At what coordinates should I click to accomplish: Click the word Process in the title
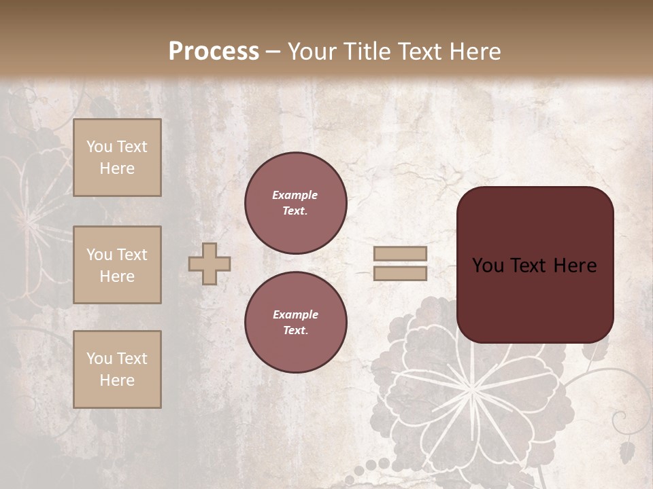[x=214, y=51]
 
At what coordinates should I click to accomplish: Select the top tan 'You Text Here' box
[x=117, y=158]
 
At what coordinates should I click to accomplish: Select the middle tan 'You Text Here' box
[x=117, y=265]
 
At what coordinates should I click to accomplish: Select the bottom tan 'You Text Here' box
[x=117, y=369]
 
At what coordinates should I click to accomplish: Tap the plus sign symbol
[x=210, y=264]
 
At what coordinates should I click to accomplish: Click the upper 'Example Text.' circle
[x=296, y=202]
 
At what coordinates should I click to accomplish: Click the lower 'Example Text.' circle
[x=296, y=322]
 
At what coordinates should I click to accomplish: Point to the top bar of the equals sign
[x=400, y=254]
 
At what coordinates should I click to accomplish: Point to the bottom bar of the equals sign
[x=400, y=273]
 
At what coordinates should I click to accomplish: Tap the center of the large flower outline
[x=471, y=388]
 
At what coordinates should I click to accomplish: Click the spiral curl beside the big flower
[x=620, y=419]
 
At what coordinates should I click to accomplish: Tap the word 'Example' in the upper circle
[x=295, y=195]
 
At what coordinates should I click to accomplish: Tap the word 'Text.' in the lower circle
[x=295, y=330]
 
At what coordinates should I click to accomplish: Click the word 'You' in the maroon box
[x=488, y=266]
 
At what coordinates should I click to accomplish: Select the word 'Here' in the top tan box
[x=117, y=168]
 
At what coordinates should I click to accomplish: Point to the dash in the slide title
[x=273, y=52]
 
